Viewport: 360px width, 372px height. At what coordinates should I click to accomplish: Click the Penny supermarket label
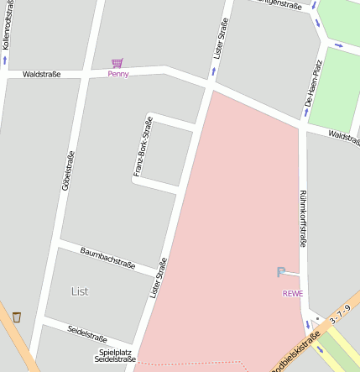coord(118,74)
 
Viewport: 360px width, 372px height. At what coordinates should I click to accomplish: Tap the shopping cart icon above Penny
coord(117,62)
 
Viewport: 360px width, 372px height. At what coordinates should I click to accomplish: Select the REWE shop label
coord(293,293)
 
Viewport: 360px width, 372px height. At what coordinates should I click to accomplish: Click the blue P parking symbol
coord(281,272)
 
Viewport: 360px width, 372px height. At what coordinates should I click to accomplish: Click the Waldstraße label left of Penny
coord(41,74)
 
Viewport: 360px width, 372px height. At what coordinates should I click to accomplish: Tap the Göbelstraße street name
coord(68,171)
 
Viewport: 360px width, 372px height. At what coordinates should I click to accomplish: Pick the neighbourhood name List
coord(80,291)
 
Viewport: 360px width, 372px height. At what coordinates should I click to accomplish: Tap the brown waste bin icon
coord(17,317)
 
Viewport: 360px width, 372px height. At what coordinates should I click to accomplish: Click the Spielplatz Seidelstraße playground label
coord(115,355)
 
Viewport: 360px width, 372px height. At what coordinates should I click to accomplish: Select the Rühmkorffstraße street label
coord(303,217)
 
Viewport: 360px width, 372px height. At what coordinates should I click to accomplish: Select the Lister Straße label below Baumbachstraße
coord(158,278)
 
